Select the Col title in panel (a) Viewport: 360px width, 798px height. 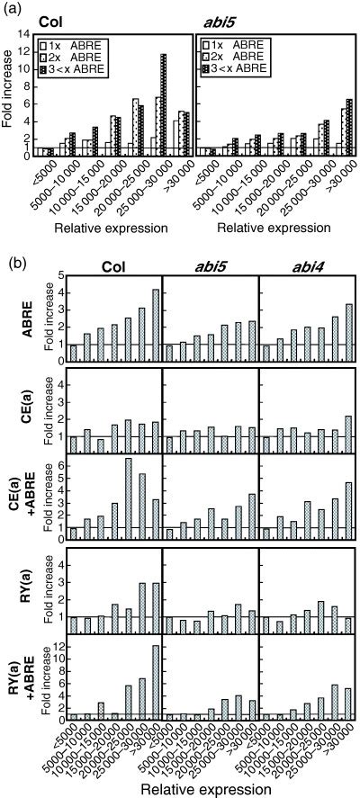click(46, 27)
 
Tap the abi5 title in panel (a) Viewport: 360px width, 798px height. click(220, 27)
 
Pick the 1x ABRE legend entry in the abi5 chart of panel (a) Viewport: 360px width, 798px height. click(236, 44)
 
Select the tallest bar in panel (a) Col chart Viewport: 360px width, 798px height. click(164, 104)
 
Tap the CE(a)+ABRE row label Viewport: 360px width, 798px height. click(13, 496)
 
